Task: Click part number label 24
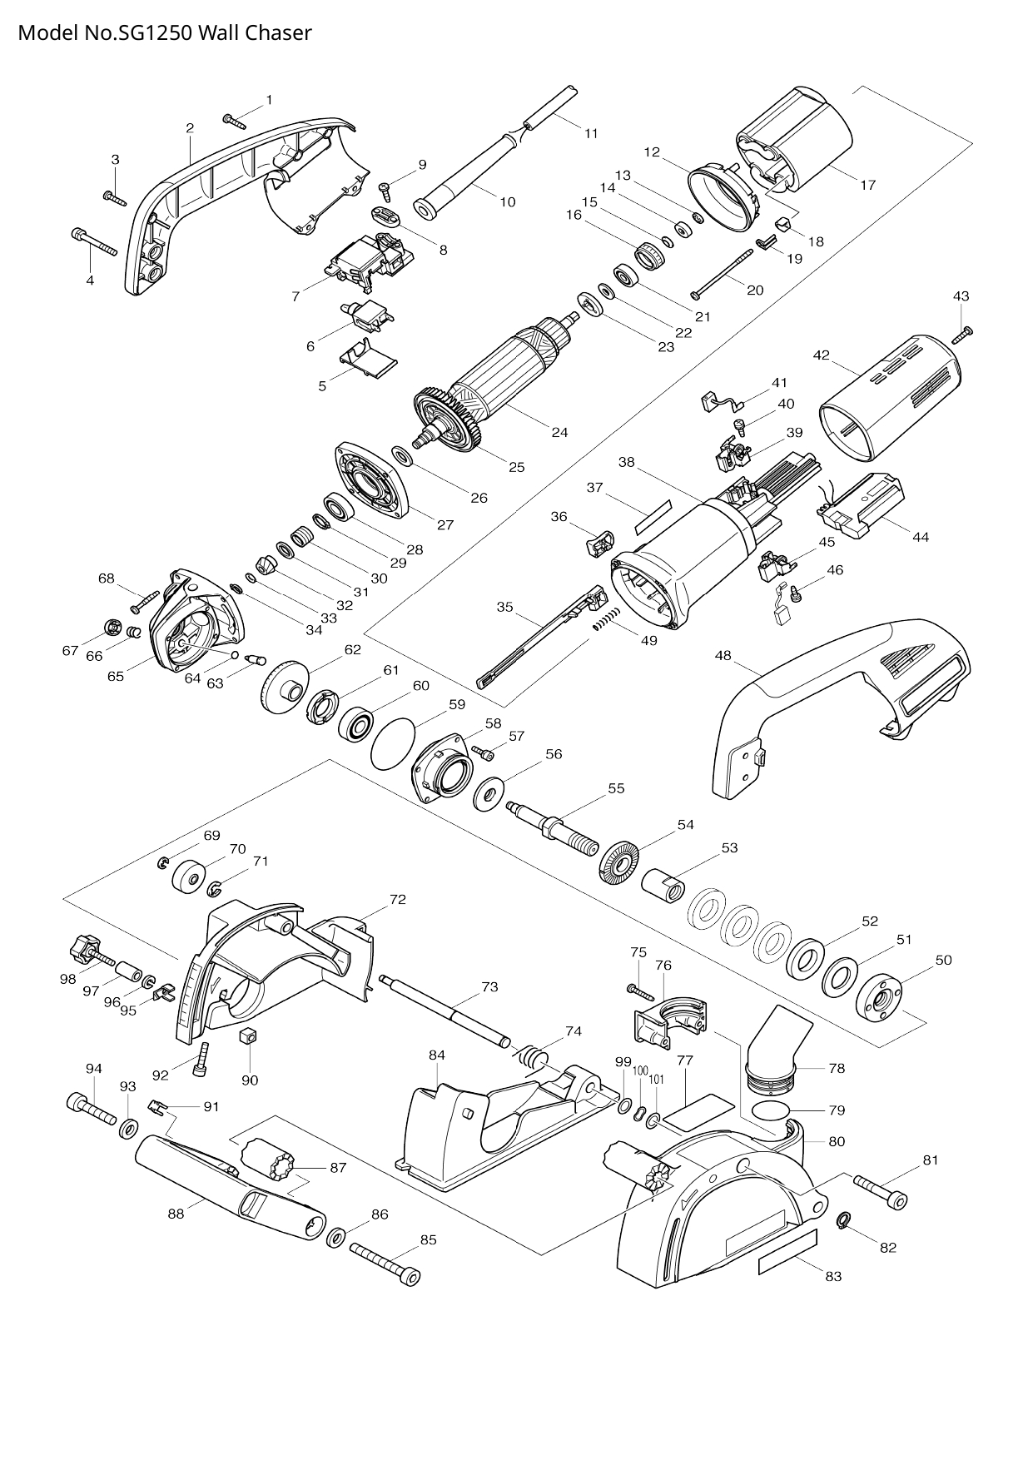pos(559,432)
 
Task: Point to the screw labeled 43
pos(964,335)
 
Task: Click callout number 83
pos(833,1276)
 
